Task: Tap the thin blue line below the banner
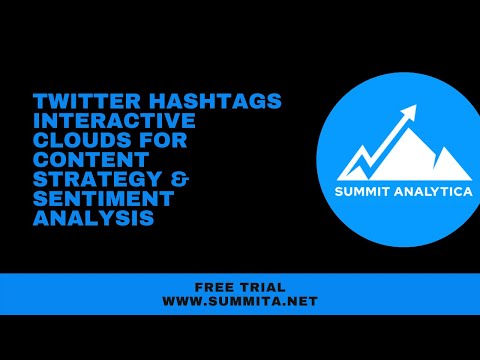point(240,313)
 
